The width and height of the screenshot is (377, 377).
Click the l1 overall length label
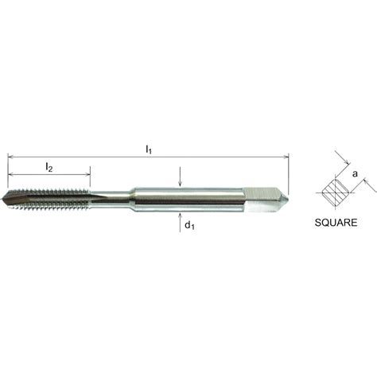pos(149,150)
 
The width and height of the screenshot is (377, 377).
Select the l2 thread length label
pos(49,168)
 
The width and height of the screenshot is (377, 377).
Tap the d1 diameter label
pos(189,226)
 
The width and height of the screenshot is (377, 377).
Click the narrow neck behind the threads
pos(111,196)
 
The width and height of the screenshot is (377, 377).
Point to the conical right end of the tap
pos(280,196)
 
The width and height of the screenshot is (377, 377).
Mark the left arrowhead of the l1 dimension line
pos(11,157)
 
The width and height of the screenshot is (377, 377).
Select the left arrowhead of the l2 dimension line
pos(11,177)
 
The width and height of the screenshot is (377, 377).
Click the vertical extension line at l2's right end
pos(90,181)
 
